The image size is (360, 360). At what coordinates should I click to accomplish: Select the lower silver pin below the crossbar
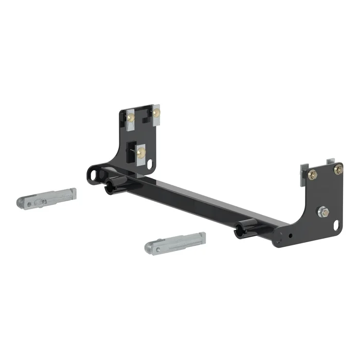coord(175,242)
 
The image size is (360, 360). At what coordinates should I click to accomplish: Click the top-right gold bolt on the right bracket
coord(338,169)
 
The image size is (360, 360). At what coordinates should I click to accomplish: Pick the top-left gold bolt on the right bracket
coord(313,175)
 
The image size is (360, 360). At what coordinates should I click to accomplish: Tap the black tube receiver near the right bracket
coord(245,228)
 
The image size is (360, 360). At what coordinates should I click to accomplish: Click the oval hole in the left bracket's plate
coord(151,164)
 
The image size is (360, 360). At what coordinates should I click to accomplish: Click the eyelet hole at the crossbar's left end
coord(95,174)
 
